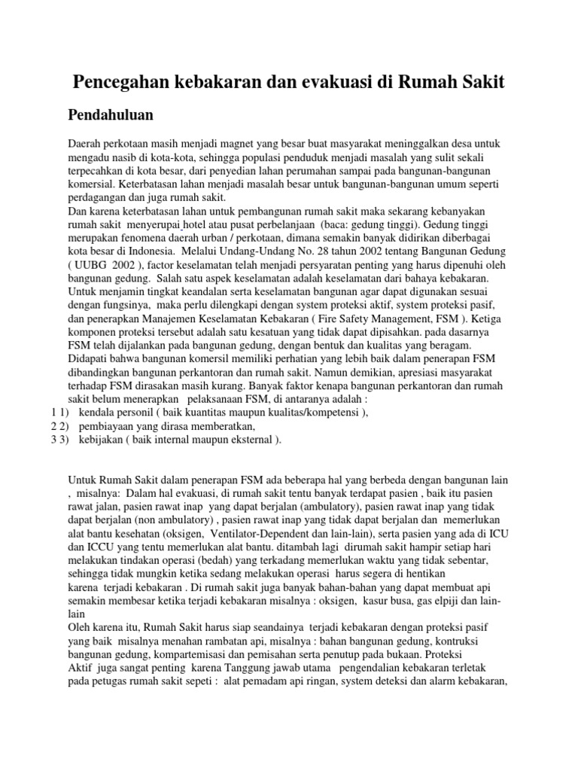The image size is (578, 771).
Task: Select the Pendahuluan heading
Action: click(x=111, y=115)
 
